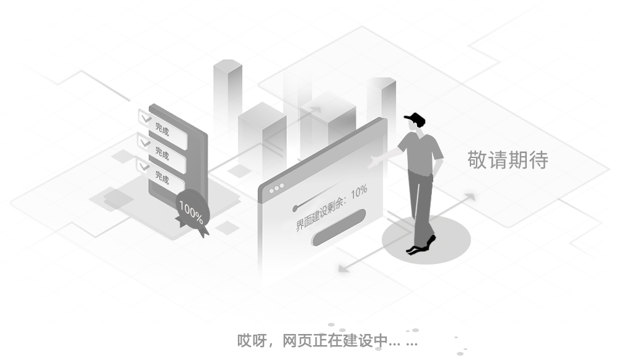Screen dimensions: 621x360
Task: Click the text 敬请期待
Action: [x=508, y=160]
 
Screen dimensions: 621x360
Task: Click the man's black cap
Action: [x=414, y=118]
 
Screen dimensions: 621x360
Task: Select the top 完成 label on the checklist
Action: [x=162, y=129]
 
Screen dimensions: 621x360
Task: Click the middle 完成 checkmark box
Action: [x=144, y=143]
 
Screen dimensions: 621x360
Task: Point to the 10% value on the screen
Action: [x=359, y=191]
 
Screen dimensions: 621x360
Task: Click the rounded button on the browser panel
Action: [x=338, y=227]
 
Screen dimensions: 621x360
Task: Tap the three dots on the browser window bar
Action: [x=276, y=188]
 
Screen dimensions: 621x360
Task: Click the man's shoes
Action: [x=421, y=245]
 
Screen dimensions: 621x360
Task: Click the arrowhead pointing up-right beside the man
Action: [x=470, y=197]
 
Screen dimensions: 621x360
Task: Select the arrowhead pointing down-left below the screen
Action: [x=343, y=268]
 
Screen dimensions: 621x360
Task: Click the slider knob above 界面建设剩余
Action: [x=294, y=208]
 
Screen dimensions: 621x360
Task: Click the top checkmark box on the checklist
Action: [x=146, y=118]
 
